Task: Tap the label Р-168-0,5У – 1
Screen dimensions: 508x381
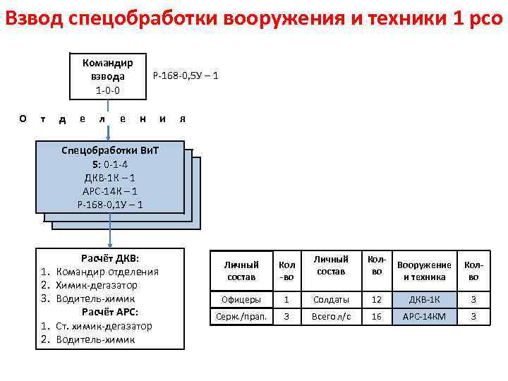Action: click(x=186, y=74)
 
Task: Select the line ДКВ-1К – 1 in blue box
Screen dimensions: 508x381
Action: click(x=109, y=178)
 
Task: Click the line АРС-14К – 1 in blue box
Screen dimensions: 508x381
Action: click(x=109, y=191)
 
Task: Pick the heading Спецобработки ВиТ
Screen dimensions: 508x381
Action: click(x=109, y=151)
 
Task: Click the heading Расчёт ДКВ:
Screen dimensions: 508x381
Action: click(x=110, y=258)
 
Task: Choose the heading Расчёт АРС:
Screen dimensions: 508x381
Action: click(x=110, y=312)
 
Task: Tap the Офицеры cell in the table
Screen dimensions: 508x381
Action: click(x=241, y=300)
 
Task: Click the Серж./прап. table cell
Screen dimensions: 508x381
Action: click(x=241, y=317)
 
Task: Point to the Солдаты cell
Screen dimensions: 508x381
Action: click(x=331, y=300)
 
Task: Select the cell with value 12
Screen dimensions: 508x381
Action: click(x=377, y=300)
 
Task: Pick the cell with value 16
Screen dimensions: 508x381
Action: click(x=377, y=317)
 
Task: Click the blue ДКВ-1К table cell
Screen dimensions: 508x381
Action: click(x=424, y=300)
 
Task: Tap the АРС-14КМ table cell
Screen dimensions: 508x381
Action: click(x=424, y=317)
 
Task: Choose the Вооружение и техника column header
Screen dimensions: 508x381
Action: click(x=424, y=271)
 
